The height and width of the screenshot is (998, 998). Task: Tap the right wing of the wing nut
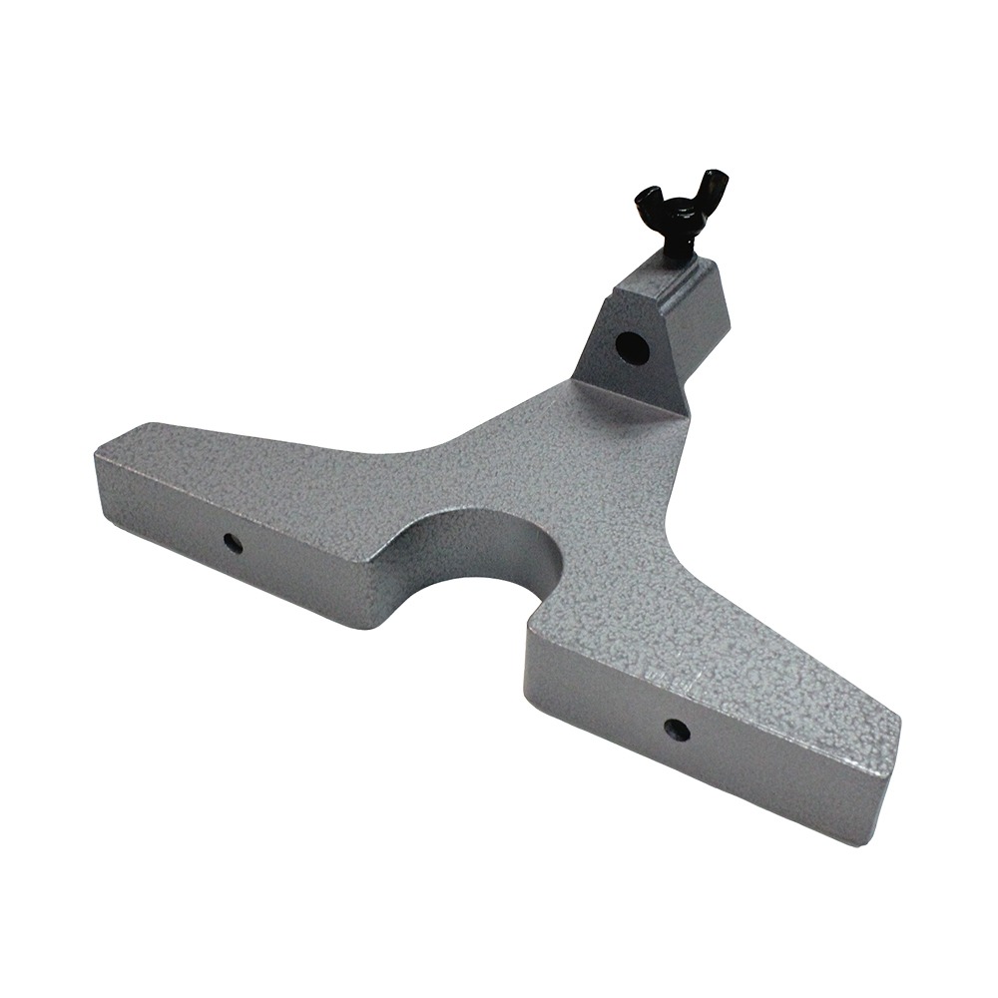tap(715, 187)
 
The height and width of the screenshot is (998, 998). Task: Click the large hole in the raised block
tap(631, 347)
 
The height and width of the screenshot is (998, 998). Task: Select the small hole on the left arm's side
tap(232, 543)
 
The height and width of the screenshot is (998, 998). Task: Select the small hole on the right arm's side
tap(677, 730)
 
